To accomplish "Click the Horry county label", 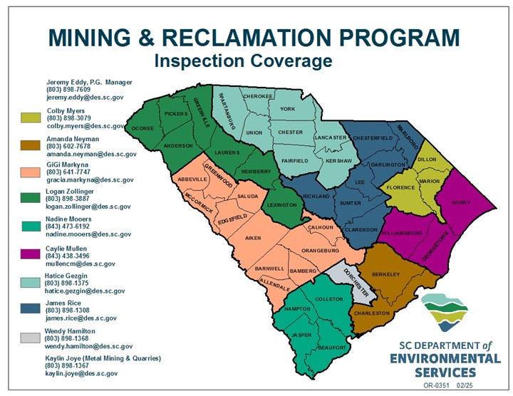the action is tap(461, 203).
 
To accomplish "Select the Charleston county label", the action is tap(372, 313).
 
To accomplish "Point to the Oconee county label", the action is tap(142, 128).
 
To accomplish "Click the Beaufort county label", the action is tap(332, 348).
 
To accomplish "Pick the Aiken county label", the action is tap(253, 238).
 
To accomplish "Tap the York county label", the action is tap(288, 109).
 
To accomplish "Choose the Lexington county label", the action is tap(282, 205).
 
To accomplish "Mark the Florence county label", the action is tap(400, 188).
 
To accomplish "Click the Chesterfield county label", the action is tap(373, 138).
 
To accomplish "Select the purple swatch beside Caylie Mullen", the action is tap(31, 254).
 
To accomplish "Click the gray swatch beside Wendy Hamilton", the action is tap(31, 338).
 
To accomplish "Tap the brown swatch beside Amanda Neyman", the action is tap(31, 145).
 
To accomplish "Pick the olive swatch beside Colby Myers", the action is tap(31, 118).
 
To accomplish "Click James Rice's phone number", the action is tap(68, 311).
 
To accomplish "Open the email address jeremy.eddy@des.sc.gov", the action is tap(85, 98).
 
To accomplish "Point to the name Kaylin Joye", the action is tap(63, 358).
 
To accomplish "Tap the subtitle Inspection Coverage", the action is tap(244, 61).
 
